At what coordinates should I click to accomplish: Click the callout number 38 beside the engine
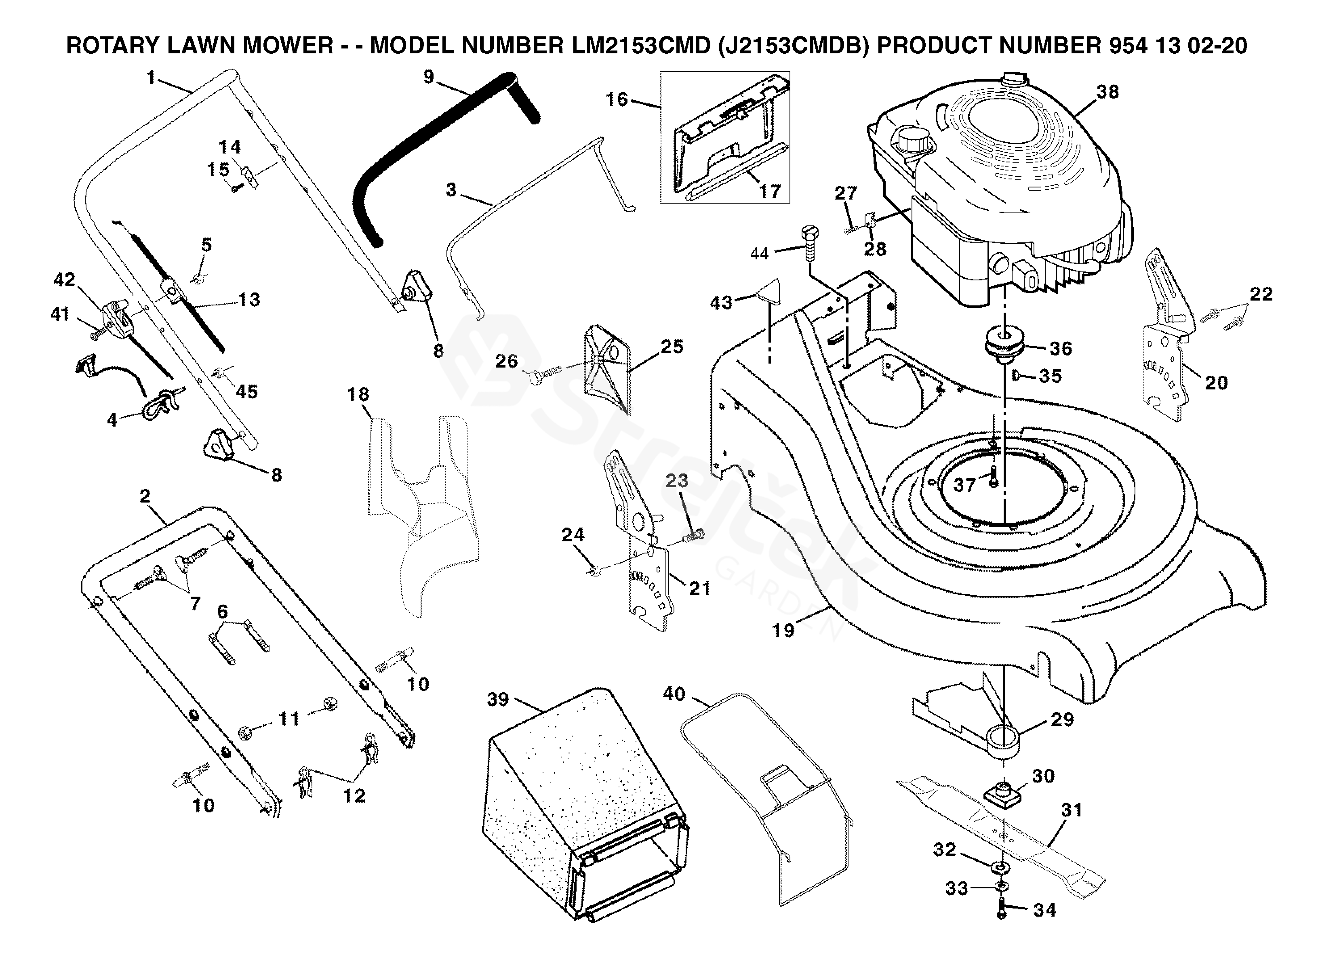tap(1107, 92)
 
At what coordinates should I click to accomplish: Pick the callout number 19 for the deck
tap(783, 631)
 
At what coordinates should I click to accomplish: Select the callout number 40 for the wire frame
tap(674, 693)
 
